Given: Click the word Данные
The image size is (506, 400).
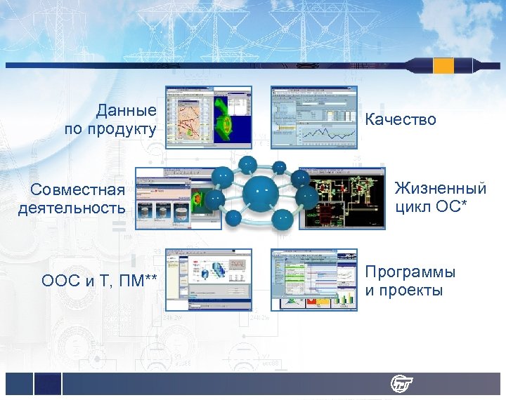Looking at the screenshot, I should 126,111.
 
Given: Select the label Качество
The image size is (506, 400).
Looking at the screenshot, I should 401,120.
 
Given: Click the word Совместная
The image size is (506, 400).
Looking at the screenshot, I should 78,189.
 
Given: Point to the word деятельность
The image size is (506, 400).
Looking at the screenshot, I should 72,208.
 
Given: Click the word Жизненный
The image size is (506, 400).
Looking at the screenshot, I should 440,188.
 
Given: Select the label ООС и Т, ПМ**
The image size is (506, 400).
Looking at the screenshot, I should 99,281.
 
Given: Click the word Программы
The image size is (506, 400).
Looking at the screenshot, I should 410,272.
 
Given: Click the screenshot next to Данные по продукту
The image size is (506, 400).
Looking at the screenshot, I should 208,117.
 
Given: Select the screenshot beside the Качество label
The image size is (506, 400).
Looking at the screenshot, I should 314,117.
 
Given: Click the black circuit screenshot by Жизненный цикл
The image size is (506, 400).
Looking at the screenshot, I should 342,198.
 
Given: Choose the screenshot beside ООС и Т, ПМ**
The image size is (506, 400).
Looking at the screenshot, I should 208,279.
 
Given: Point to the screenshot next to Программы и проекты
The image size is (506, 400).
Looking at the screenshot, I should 314,279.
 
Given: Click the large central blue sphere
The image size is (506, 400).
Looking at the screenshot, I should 261,192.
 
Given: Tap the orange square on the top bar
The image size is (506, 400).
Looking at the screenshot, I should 443,65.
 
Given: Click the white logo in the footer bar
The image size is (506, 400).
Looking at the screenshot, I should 401,384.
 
